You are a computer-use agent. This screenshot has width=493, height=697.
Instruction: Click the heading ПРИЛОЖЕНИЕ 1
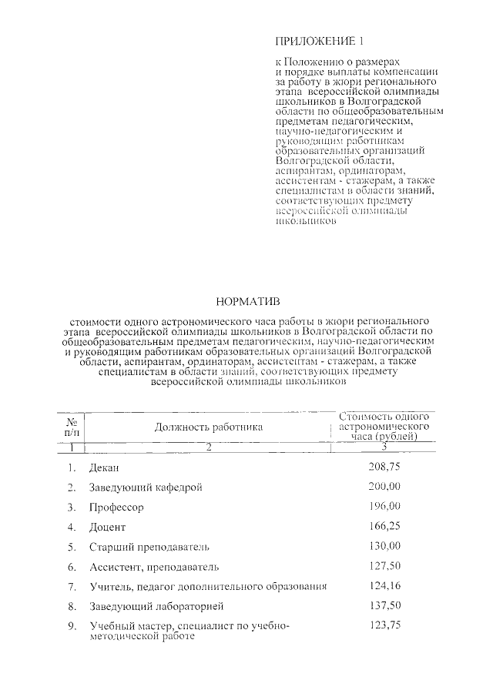(318, 40)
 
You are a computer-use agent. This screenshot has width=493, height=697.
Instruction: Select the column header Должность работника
(208, 427)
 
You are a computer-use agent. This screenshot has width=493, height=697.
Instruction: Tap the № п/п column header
(71, 427)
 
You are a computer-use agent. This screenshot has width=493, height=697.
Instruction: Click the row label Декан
(105, 467)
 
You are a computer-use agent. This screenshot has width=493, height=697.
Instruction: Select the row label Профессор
(116, 508)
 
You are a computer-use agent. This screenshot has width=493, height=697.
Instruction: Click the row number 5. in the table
(71, 547)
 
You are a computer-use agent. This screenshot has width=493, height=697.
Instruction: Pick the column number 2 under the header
(208, 447)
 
